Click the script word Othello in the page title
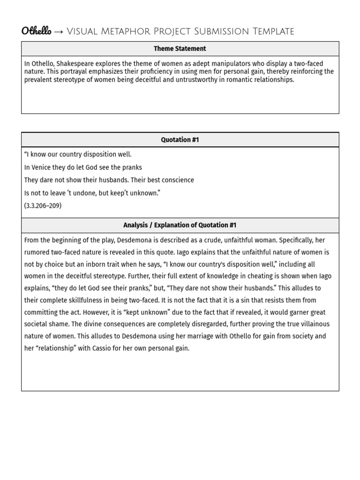pyautogui.click(x=36, y=31)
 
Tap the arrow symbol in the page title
pyautogui.click(x=59, y=32)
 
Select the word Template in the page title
pyautogui.click(x=273, y=31)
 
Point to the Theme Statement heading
pyautogui.click(x=180, y=49)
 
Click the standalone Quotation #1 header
pyautogui.click(x=180, y=140)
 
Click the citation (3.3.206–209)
pyautogui.click(x=43, y=206)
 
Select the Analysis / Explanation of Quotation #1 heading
pyautogui.click(x=180, y=225)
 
